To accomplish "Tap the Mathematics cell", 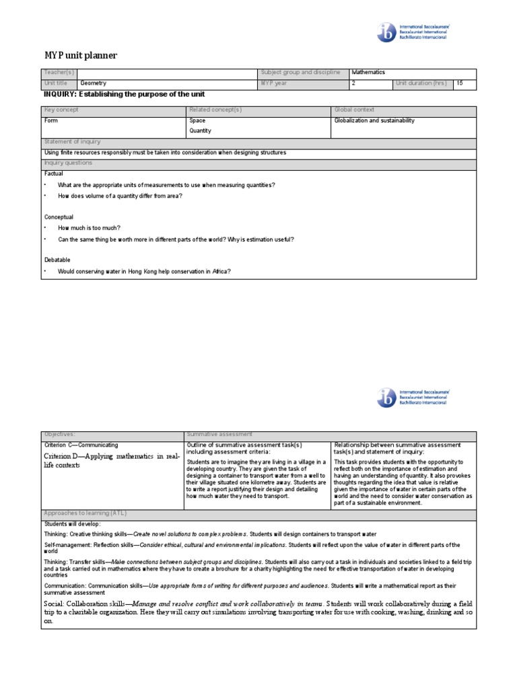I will pos(368,72).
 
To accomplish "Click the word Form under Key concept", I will pos(51,120).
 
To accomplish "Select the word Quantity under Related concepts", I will pos(201,131).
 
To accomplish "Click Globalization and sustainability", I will pos(374,120).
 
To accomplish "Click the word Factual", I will pos(54,174).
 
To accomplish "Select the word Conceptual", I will pos(59,217).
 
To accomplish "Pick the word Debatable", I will pos(57,260).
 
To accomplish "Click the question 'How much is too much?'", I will pos(90,228).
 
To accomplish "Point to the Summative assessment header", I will pos(219,435).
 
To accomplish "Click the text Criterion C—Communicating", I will pos(81,445).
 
